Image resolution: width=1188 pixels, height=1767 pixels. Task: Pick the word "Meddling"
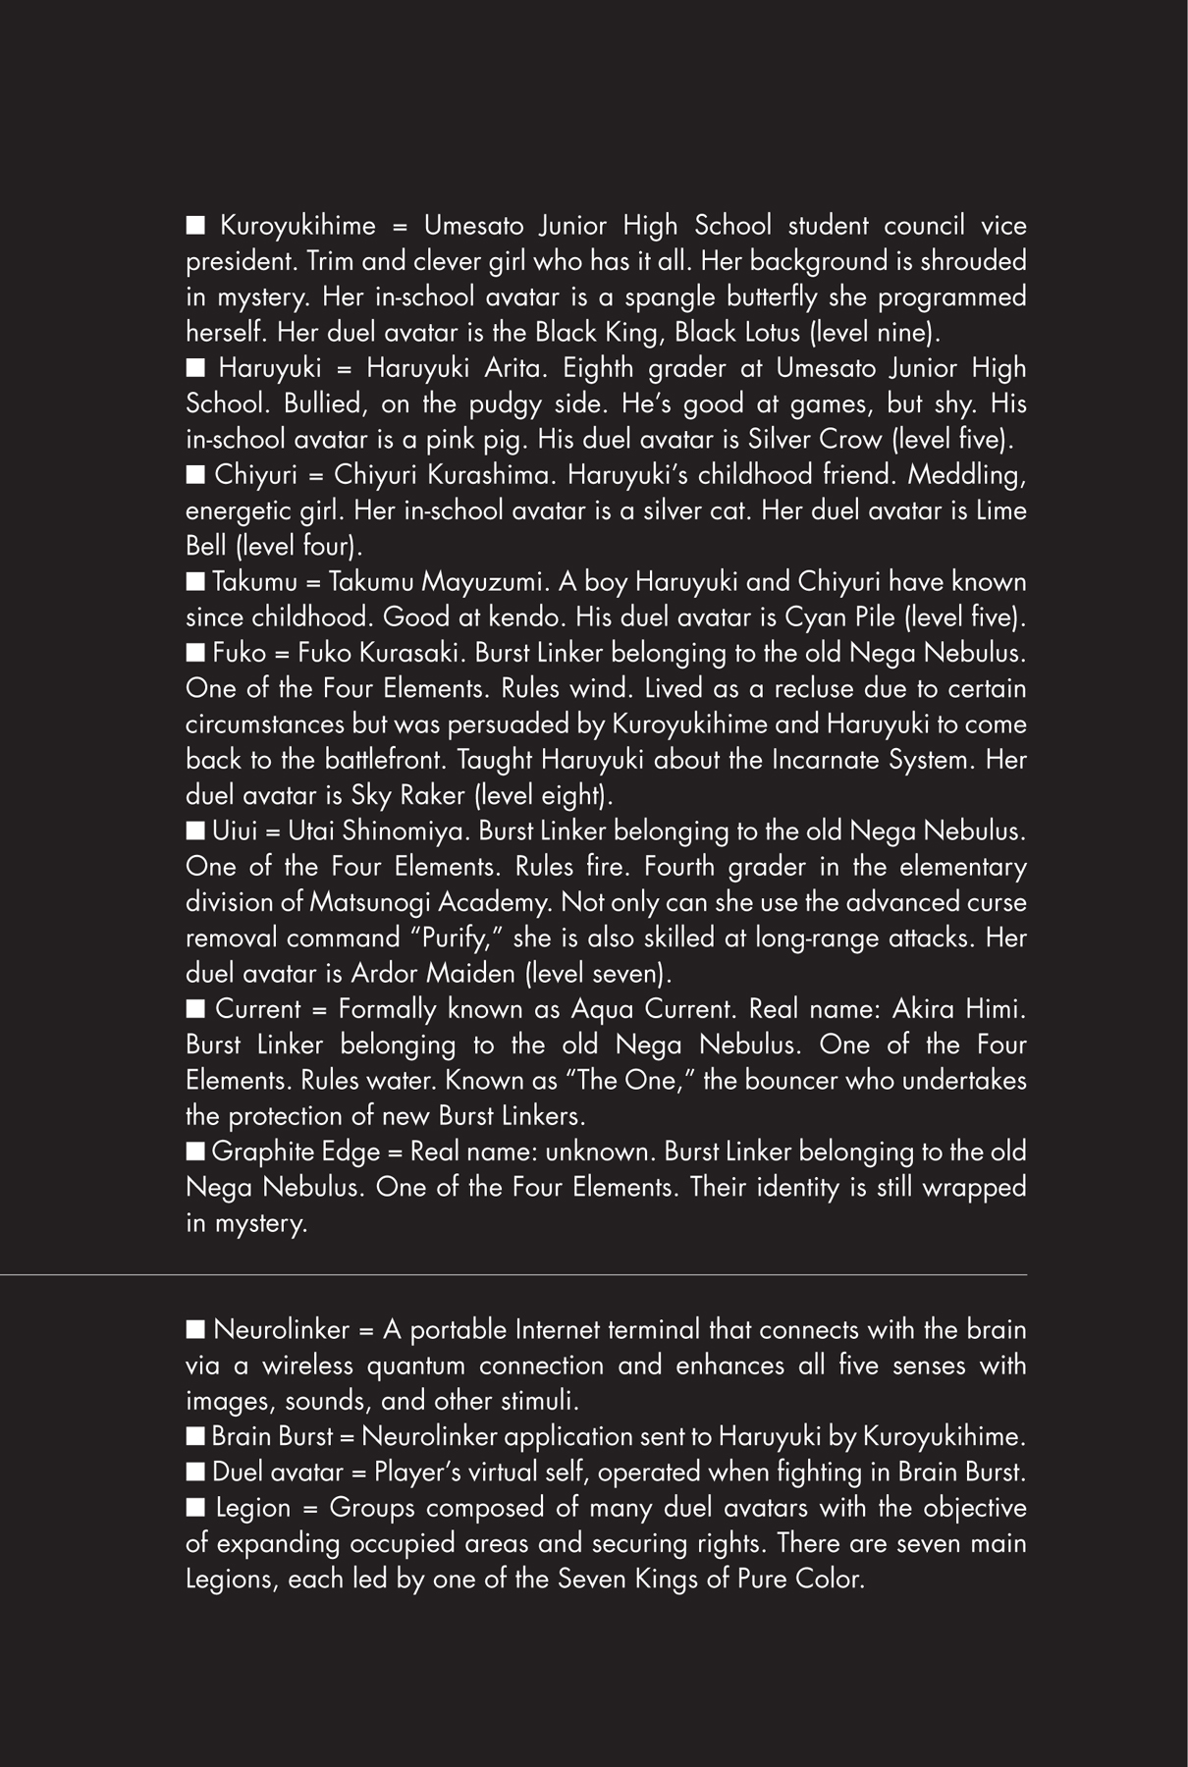point(966,475)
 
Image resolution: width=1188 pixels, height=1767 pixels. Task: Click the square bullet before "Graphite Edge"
point(195,1151)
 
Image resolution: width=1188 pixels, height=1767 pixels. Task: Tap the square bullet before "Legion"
point(195,1507)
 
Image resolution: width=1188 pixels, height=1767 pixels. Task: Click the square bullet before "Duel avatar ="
point(195,1472)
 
